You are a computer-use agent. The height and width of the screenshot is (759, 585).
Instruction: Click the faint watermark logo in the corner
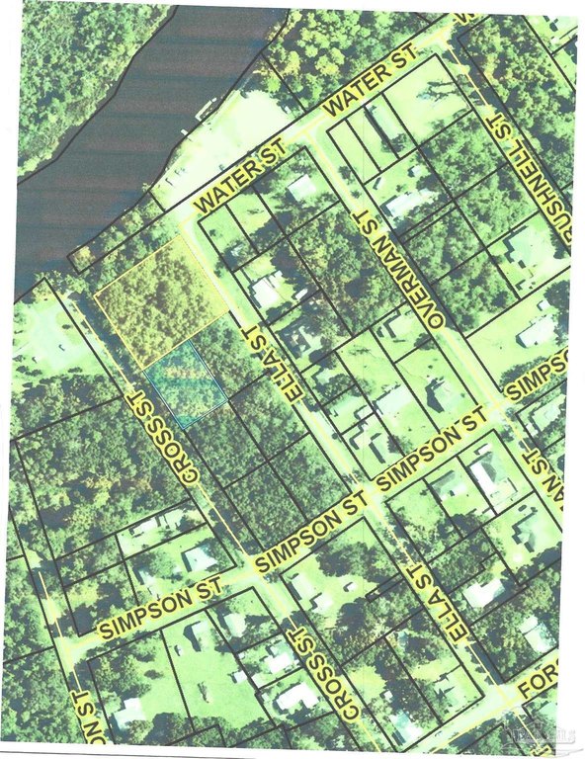click(549, 732)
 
